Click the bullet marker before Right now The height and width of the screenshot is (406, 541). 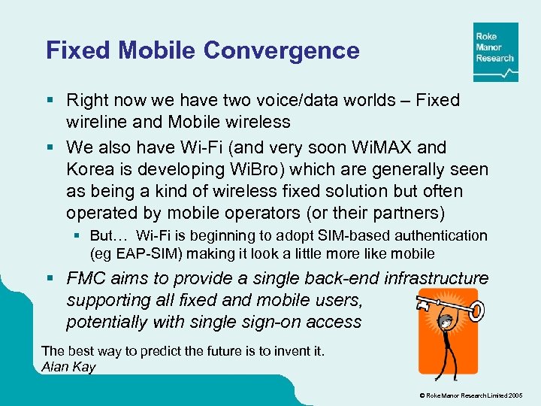[x=50, y=100]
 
